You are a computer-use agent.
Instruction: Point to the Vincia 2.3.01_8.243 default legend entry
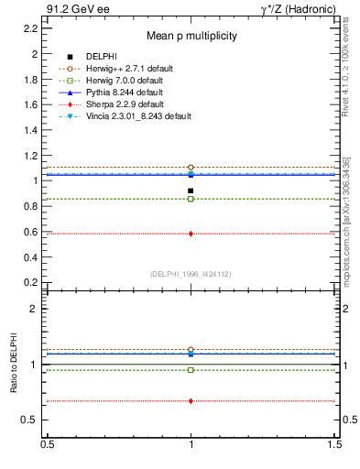coord(133,116)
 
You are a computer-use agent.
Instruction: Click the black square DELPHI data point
coord(191,191)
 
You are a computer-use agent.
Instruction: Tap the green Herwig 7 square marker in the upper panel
coord(191,199)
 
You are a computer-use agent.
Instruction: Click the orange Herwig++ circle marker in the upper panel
coord(191,168)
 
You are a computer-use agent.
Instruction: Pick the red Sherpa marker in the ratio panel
coord(191,401)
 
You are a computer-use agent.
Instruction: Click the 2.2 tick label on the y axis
coord(29,28)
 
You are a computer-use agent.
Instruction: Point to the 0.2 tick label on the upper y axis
coord(29,282)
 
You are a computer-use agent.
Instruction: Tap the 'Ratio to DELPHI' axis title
coord(14,365)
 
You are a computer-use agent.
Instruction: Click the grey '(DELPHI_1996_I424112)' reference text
coord(190,273)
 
